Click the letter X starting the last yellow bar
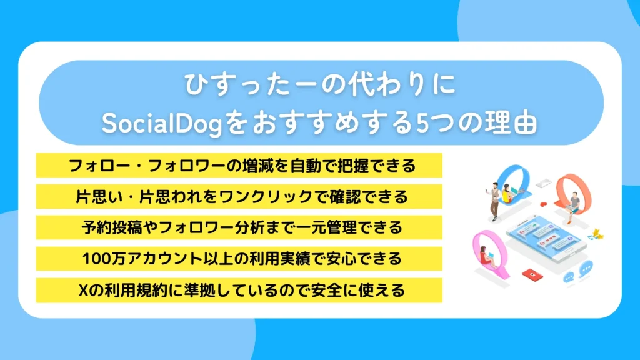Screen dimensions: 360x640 coord(87,290)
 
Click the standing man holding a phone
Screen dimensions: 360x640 coord(493,199)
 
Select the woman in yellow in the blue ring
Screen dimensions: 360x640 coord(507,194)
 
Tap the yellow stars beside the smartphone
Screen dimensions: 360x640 coord(597,234)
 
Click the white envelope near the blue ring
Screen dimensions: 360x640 coord(543,182)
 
